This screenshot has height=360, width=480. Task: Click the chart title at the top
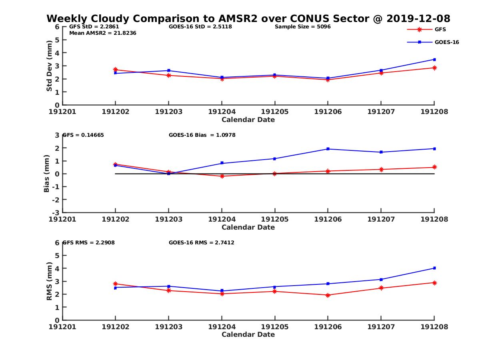248,18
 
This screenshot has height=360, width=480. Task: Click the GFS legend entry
440,29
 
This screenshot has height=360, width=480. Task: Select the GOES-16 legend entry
446,42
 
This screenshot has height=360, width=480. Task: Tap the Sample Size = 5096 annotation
302,27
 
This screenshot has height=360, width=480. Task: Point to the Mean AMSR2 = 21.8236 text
103,33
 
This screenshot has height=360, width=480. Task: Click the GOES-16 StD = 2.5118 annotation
200,27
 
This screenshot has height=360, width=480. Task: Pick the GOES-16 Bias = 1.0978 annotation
202,135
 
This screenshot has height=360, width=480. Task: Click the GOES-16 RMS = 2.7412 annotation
201,242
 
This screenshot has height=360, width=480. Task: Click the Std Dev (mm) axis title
49,66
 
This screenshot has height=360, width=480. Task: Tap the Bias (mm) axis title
47,174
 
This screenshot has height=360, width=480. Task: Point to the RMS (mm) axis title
49,281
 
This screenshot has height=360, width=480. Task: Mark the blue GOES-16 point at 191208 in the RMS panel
434,268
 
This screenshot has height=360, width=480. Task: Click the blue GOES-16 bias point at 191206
328,149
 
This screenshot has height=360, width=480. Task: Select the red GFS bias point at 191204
222,176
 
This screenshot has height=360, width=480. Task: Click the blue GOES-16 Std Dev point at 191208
434,60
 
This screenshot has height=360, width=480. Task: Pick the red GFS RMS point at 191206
328,295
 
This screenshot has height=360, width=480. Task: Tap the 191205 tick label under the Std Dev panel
275,112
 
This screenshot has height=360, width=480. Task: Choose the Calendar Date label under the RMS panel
248,334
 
